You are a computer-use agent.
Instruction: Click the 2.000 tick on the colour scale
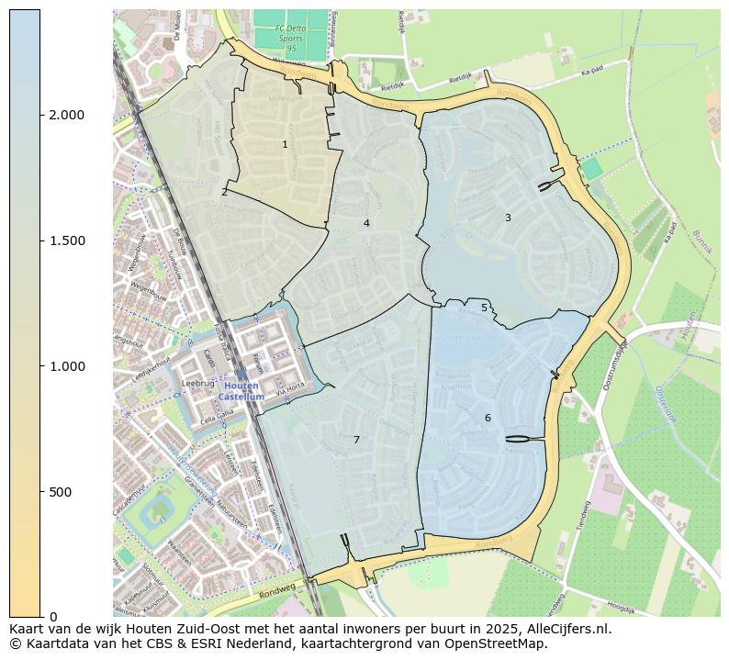pyautogui.click(x=66, y=115)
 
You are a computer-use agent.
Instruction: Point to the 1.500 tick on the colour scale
pyautogui.click(x=66, y=241)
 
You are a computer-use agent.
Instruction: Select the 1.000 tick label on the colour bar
pyautogui.click(x=66, y=366)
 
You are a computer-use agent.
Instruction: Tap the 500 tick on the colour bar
pyautogui.click(x=61, y=492)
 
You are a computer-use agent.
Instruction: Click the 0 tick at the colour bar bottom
pyautogui.click(x=52, y=617)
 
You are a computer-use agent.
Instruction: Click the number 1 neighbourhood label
pyautogui.click(x=285, y=144)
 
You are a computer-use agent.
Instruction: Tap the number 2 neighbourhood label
pyautogui.click(x=224, y=192)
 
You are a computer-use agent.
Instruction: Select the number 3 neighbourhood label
pyautogui.click(x=508, y=218)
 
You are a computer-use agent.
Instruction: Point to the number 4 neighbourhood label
pyautogui.click(x=366, y=223)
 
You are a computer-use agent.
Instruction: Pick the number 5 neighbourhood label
pyautogui.click(x=484, y=308)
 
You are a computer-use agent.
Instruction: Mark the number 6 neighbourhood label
pyautogui.click(x=488, y=418)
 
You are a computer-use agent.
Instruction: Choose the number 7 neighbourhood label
pyautogui.click(x=356, y=440)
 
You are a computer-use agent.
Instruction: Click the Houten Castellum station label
pyautogui.click(x=241, y=391)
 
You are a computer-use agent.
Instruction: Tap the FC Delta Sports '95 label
pyautogui.click(x=290, y=38)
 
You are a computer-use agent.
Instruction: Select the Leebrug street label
pyautogui.click(x=197, y=384)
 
